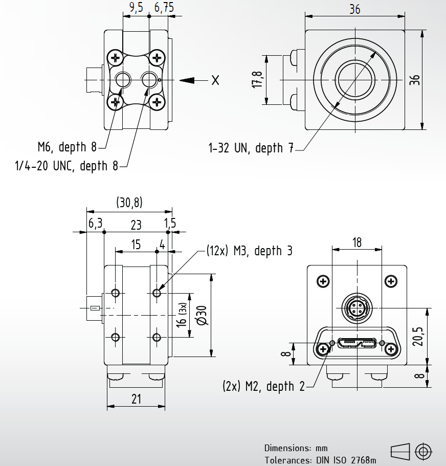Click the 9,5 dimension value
[136, 7]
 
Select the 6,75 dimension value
[164, 7]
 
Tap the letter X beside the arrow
[215, 80]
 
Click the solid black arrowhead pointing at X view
[187, 80]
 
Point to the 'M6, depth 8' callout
[66, 147]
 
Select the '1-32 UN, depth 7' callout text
[251, 148]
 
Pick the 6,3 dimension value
[95, 224]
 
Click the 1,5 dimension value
[170, 224]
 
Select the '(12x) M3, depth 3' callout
[250, 251]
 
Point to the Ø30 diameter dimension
[202, 315]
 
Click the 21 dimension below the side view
[136, 399]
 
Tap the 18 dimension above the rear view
[357, 242]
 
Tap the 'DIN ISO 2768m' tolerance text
[345, 460]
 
